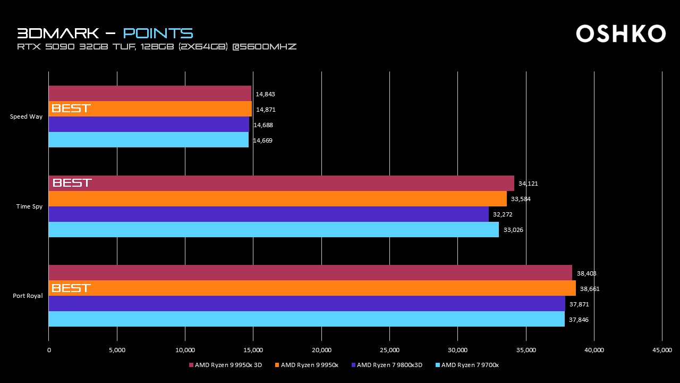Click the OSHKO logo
(x=620, y=34)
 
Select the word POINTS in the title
(x=158, y=33)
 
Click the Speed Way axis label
(x=26, y=116)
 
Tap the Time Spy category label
(x=29, y=206)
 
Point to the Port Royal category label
(x=28, y=296)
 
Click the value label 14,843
(x=265, y=94)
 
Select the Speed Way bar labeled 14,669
(x=148, y=140)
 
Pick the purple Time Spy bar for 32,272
(x=268, y=214)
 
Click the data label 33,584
(x=521, y=199)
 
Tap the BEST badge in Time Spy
(x=72, y=183)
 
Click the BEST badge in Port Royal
(x=71, y=288)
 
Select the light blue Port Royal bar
(x=306, y=319)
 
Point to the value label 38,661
(x=590, y=289)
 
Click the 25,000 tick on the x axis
(x=389, y=350)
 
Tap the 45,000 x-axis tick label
(x=662, y=350)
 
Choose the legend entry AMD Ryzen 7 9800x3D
(x=389, y=365)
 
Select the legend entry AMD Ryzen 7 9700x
(x=470, y=365)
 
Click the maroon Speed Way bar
(x=149, y=94)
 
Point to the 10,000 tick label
(x=185, y=350)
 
